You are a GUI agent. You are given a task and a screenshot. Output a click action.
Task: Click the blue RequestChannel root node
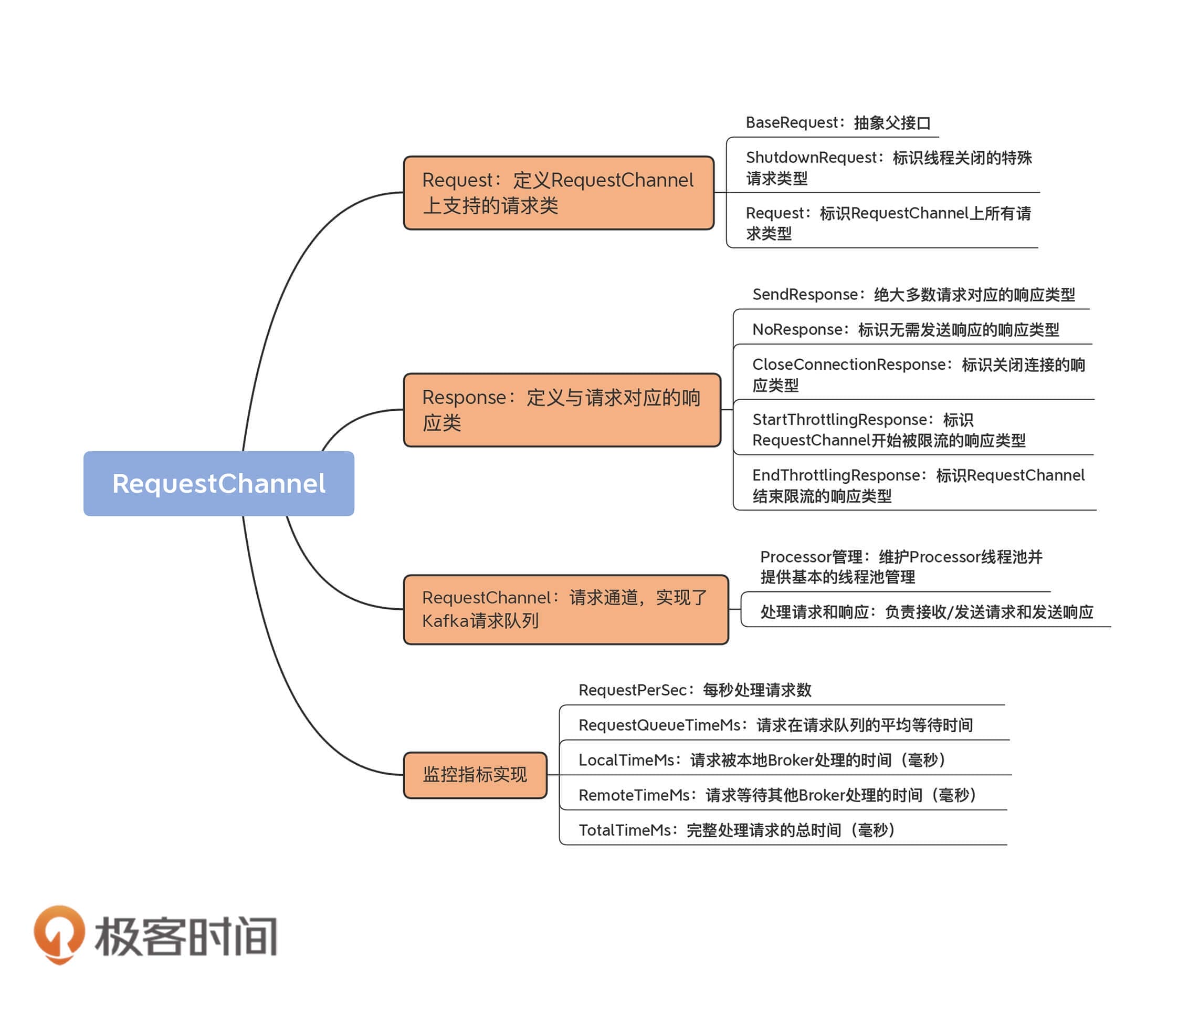pyautogui.click(x=218, y=483)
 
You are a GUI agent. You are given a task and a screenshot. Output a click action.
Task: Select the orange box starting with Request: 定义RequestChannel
pyautogui.click(x=558, y=193)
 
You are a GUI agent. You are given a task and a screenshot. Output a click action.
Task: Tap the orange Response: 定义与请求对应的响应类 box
pyautogui.click(x=562, y=410)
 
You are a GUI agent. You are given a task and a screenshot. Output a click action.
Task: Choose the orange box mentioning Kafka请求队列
pyautogui.click(x=565, y=609)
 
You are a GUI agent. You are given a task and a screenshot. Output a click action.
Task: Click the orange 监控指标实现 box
pyautogui.click(x=475, y=775)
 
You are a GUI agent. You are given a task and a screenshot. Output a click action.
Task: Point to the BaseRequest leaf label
pyautogui.click(x=838, y=123)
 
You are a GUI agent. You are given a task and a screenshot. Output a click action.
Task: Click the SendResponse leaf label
pyautogui.click(x=913, y=295)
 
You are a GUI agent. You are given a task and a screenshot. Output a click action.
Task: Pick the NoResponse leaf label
pyautogui.click(x=905, y=329)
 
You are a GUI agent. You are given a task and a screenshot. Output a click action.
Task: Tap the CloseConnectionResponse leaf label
pyautogui.click(x=918, y=375)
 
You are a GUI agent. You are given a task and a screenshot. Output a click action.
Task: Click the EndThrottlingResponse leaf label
pyautogui.click(x=918, y=485)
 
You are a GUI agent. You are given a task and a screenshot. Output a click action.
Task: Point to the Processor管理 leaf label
pyautogui.click(x=900, y=567)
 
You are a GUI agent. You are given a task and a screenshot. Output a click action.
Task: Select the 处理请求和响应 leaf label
pyautogui.click(x=926, y=612)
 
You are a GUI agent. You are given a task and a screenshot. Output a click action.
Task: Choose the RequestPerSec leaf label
pyautogui.click(x=695, y=690)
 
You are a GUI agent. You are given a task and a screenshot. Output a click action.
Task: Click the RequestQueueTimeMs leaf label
pyautogui.click(x=775, y=725)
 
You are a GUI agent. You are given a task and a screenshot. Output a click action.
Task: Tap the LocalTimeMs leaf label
pyautogui.click(x=762, y=760)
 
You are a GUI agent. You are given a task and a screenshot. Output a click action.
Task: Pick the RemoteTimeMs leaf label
pyautogui.click(x=777, y=795)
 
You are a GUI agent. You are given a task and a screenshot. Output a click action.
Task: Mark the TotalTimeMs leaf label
pyautogui.click(x=737, y=829)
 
